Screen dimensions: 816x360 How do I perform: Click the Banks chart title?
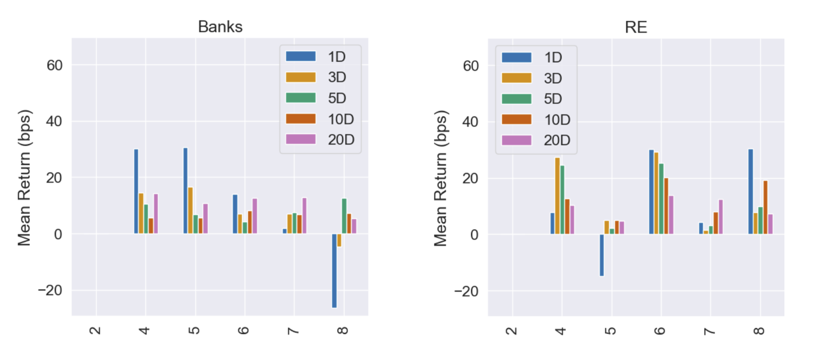[220, 27]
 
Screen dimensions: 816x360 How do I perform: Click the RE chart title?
[636, 27]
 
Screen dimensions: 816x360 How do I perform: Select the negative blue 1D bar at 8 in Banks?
[334, 271]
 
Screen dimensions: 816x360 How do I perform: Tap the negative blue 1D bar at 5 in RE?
[602, 255]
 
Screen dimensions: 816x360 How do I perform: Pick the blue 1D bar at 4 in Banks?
[136, 191]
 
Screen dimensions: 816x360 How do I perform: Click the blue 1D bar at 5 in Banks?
[186, 191]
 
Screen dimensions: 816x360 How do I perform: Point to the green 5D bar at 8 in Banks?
[344, 216]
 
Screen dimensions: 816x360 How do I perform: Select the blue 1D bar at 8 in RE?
[750, 192]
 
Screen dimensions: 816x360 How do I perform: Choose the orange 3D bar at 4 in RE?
[557, 196]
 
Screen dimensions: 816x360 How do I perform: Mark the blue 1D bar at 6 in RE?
[651, 192]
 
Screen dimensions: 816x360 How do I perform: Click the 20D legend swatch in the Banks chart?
[301, 139]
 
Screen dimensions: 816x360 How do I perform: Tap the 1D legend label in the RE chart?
[553, 58]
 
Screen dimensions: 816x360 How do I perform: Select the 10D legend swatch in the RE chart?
[516, 119]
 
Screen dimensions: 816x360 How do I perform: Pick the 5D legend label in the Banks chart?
[337, 98]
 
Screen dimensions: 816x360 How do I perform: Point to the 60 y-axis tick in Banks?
[54, 65]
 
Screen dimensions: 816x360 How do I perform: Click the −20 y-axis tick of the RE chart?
[466, 291]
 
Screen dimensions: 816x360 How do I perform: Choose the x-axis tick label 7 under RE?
[709, 331]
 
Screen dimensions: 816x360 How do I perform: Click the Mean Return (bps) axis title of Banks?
[24, 178]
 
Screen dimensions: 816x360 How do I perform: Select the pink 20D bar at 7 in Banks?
[304, 216]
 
